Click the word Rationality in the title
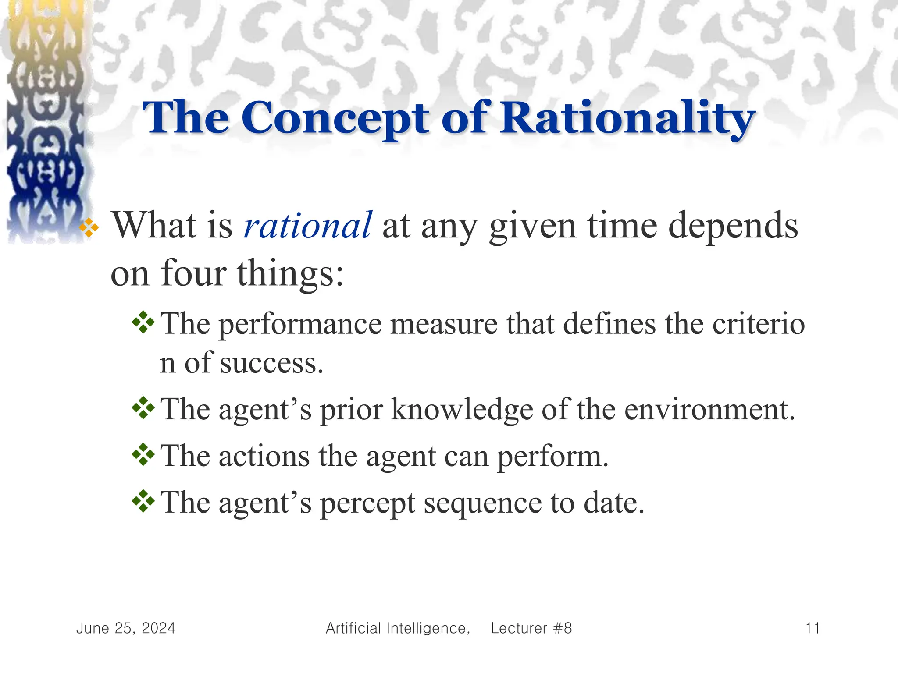tap(628, 117)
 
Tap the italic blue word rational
tap(307, 226)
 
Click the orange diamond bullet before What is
tap(89, 228)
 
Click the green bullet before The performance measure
tap(143, 323)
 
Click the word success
tap(271, 364)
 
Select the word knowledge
tap(463, 410)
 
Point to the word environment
tap(709, 410)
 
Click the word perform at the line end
tap(552, 457)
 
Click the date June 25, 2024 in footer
tap(126, 628)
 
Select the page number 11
tap(812, 628)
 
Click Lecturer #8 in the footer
tap(531, 628)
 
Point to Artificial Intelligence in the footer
tap(397, 628)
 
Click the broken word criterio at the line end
tap(758, 324)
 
